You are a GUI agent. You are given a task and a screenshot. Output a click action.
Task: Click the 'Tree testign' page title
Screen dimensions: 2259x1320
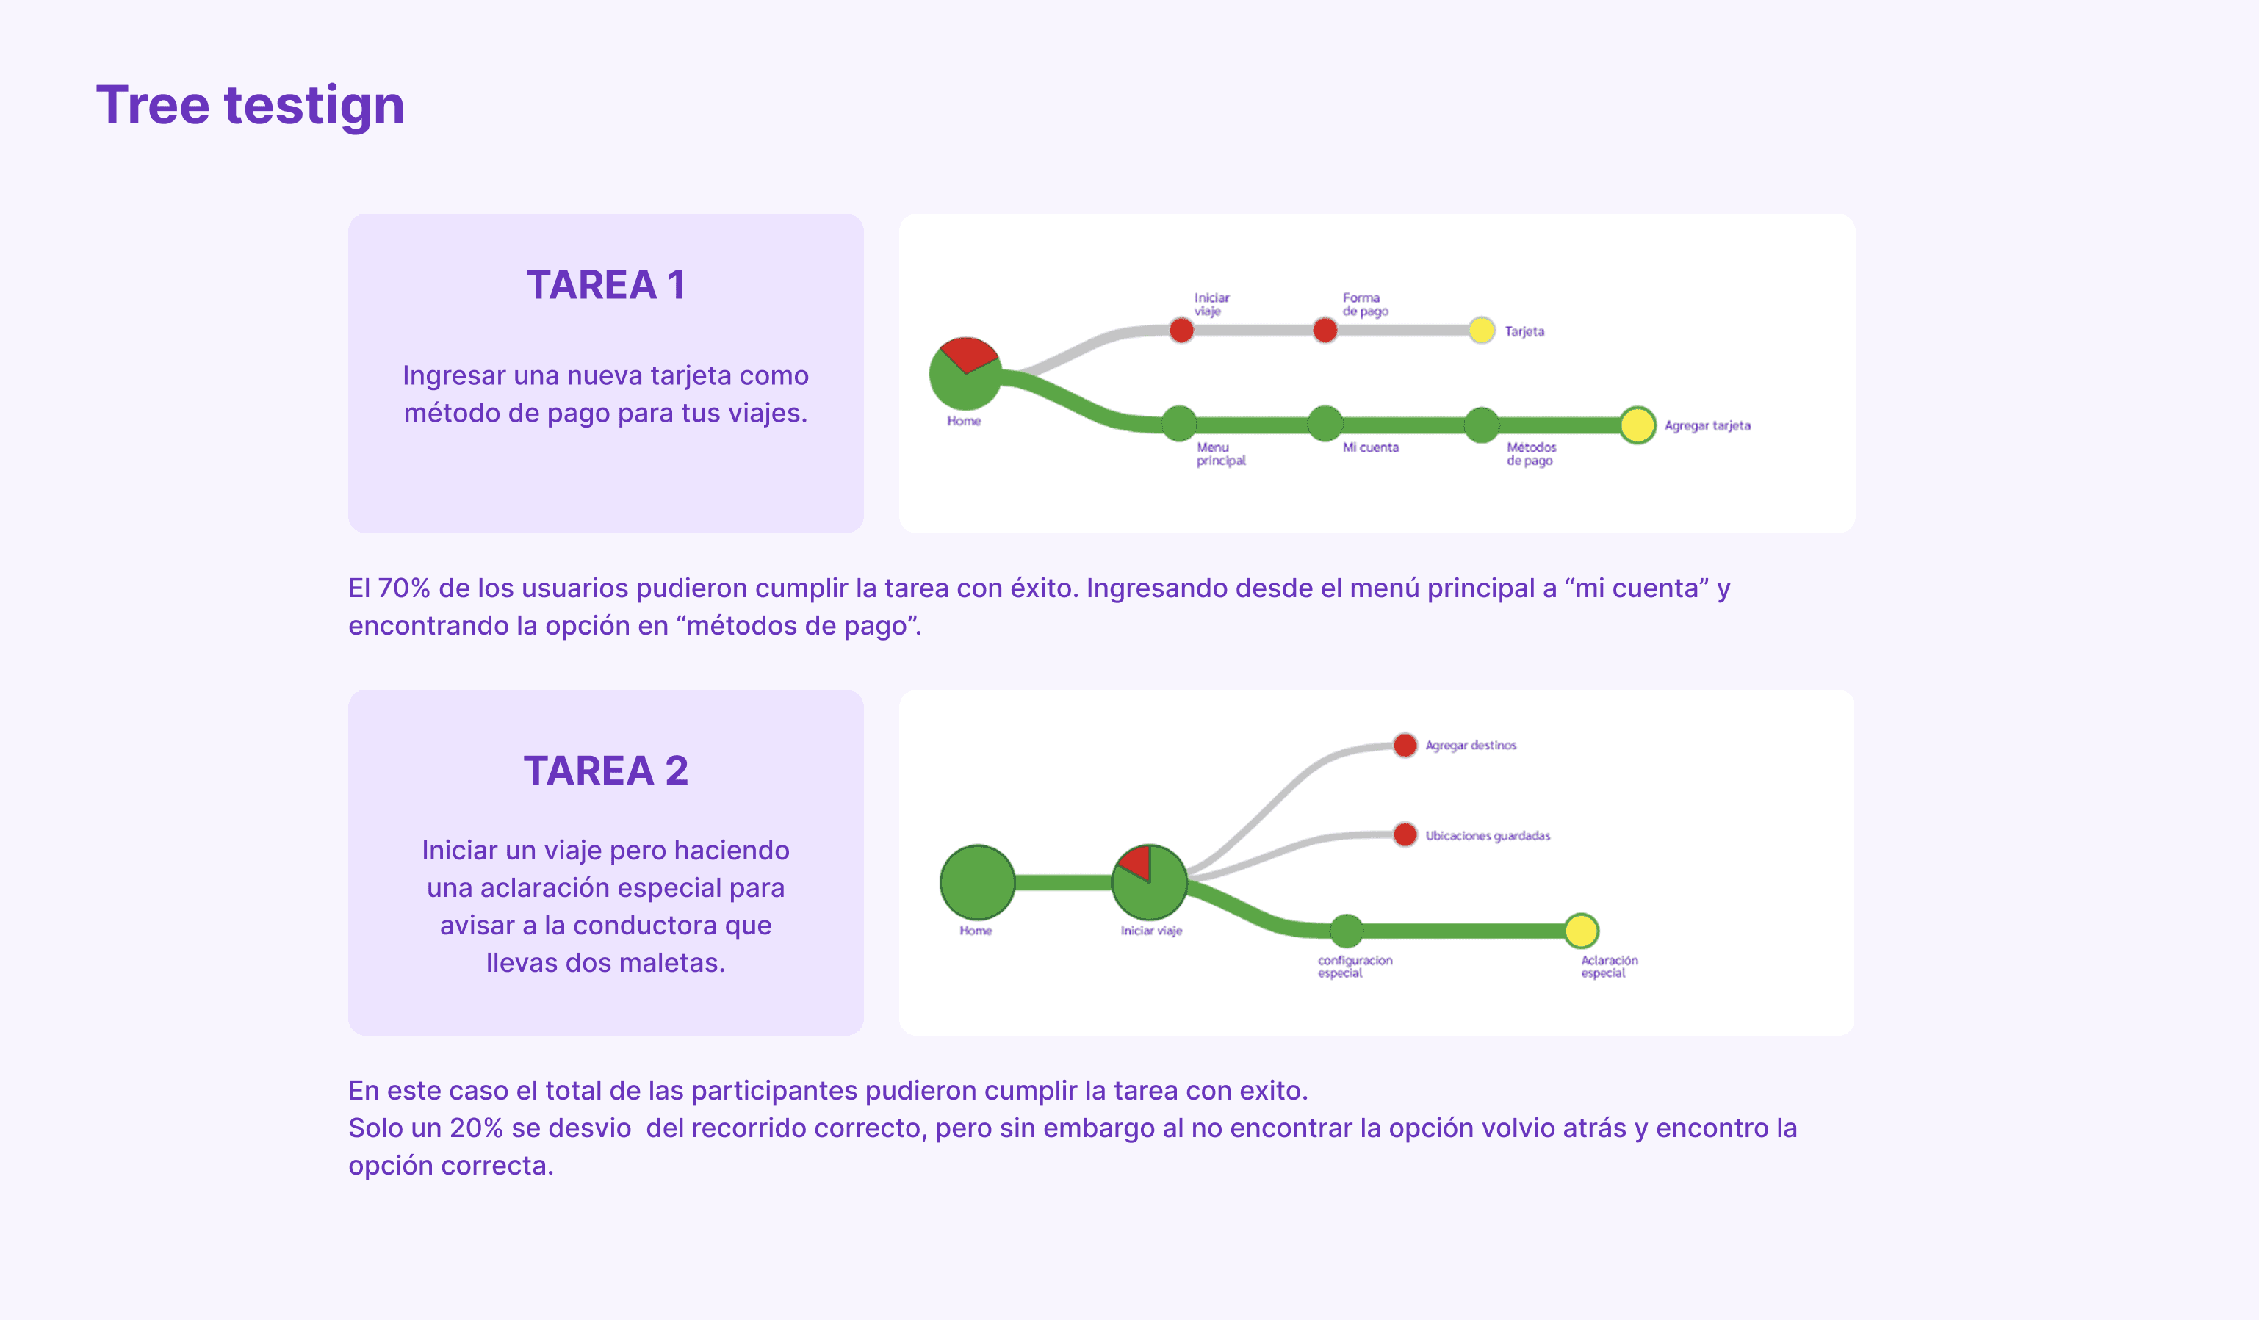[x=250, y=105]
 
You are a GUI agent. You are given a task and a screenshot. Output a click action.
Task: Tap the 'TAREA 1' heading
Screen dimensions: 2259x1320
[x=606, y=285]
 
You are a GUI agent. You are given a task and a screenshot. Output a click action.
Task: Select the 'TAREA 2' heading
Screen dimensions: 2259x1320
[x=606, y=771]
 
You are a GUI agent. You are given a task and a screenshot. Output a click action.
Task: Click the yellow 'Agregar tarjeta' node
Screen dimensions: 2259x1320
[x=1637, y=425]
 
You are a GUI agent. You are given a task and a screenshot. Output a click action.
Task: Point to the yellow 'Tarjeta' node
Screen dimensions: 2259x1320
[x=1482, y=331]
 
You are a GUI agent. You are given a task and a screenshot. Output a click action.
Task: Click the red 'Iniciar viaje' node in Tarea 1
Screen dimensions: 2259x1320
[x=1181, y=331]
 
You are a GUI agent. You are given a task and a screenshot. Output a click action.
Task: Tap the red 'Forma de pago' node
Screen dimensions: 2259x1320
[x=1325, y=331]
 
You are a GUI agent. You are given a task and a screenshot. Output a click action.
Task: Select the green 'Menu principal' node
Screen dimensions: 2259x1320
[x=1179, y=424]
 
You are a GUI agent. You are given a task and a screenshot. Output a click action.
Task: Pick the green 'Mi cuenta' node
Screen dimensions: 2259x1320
[x=1325, y=424]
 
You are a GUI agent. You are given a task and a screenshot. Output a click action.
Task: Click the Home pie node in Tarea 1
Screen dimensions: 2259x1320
[x=965, y=374]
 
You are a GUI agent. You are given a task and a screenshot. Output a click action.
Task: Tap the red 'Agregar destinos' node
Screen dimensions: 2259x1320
[x=1405, y=745]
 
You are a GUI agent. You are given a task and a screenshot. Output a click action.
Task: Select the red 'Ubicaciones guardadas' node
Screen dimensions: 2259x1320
[x=1405, y=835]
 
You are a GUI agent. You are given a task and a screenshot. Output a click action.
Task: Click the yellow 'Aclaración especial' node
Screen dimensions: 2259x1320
[x=1581, y=930]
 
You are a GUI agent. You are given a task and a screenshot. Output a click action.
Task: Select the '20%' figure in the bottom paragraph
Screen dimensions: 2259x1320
[x=476, y=1128]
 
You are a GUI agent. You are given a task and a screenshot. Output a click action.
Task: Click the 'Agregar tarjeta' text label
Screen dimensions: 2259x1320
[x=1707, y=425]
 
